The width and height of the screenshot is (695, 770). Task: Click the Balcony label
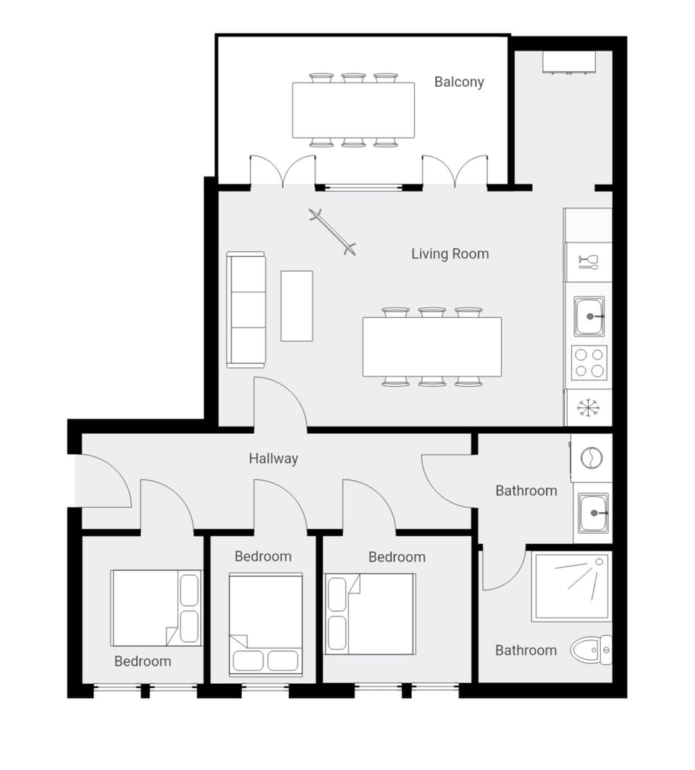point(459,82)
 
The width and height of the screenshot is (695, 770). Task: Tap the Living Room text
point(450,254)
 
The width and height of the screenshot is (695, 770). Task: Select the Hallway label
point(273,459)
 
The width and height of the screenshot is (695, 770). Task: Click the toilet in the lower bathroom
point(590,650)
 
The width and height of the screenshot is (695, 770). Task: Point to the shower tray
point(571,586)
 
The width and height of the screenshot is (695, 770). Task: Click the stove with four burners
point(589,362)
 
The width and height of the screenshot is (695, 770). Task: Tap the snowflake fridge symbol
point(589,408)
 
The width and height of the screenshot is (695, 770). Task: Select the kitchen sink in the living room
point(589,316)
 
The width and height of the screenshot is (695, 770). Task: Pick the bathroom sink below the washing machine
point(593,513)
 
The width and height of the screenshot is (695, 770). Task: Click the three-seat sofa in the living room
point(246,309)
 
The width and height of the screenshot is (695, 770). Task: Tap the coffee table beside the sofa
point(297,306)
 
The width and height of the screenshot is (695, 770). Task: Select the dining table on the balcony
point(353,110)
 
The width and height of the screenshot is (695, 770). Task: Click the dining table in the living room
point(431,347)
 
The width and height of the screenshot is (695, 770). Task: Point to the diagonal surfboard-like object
point(333,232)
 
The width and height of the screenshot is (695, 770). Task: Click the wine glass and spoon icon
point(589,261)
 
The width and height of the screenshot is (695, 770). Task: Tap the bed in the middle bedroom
point(265,624)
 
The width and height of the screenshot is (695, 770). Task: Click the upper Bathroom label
point(526,490)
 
